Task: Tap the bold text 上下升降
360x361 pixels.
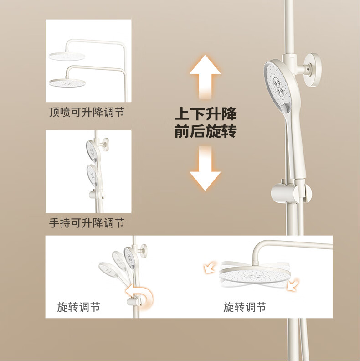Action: (206, 113)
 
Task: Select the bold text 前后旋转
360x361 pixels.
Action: (206, 131)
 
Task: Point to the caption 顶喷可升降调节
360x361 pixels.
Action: (87, 112)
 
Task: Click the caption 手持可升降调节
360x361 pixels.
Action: (87, 223)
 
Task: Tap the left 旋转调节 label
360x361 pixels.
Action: (79, 307)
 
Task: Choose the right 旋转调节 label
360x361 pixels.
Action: (245, 307)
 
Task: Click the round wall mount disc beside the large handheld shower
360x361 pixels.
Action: (312, 70)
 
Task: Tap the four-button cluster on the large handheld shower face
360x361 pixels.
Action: (278, 86)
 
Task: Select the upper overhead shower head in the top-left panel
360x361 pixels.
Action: (67, 57)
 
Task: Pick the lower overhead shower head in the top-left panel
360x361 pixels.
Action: (67, 83)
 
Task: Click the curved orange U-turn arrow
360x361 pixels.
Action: (140, 295)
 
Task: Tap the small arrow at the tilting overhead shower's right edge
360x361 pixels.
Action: (292, 284)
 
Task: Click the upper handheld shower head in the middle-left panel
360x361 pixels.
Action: (93, 151)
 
